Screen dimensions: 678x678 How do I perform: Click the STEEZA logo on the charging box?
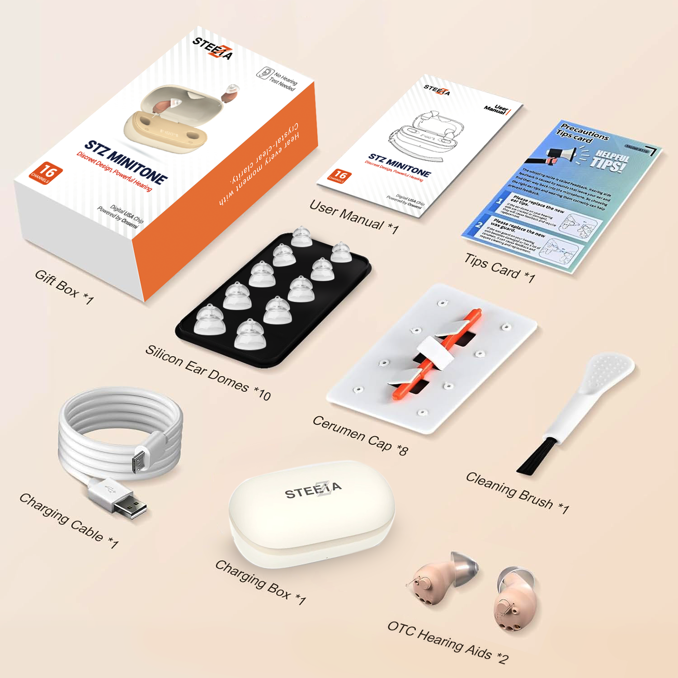[313, 490]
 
